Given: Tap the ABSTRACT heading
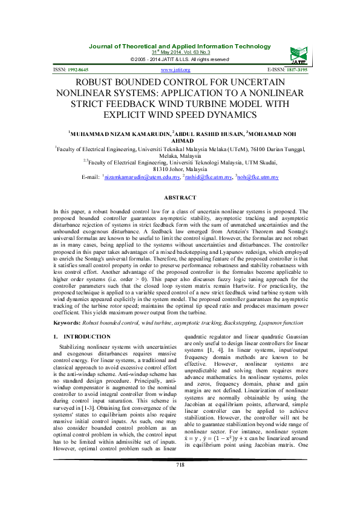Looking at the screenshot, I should pos(180,198).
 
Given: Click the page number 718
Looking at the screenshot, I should pos(180,481).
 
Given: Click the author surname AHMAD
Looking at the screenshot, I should pos(180,140).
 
